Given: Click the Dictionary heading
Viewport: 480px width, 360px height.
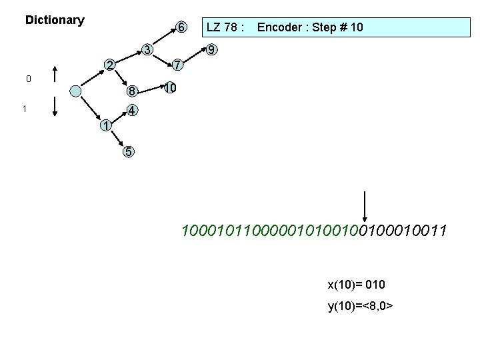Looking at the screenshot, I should pyautogui.click(x=55, y=20).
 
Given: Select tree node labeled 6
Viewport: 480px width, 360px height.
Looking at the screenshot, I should pyautogui.click(x=180, y=27).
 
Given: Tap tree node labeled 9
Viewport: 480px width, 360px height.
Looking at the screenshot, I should pyautogui.click(x=211, y=50).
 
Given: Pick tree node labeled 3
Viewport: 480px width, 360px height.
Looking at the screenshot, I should pyautogui.click(x=148, y=49).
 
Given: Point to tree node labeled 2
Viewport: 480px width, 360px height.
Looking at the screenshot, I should pyautogui.click(x=110, y=65).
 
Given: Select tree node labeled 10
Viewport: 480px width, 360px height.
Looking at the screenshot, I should pyautogui.click(x=170, y=88).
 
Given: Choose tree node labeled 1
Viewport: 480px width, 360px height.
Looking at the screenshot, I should pyautogui.click(x=105, y=125).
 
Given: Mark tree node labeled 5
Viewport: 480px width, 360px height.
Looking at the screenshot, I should pyautogui.click(x=128, y=151).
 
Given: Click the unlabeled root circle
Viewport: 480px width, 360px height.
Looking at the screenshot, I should pyautogui.click(x=77, y=91).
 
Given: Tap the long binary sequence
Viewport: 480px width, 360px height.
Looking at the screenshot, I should pyautogui.click(x=314, y=231).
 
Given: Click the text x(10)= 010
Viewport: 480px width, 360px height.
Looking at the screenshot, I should pyautogui.click(x=356, y=285).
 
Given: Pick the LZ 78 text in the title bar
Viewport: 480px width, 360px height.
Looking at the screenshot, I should pyautogui.click(x=225, y=27).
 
